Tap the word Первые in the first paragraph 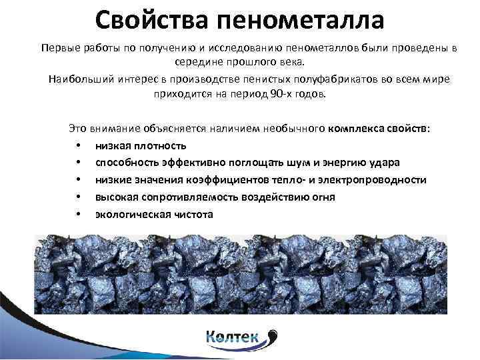(59, 49)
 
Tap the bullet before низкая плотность (79, 146)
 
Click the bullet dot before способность (79, 163)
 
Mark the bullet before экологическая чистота (79, 215)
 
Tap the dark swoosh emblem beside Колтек (271, 335)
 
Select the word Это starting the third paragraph (78, 127)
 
